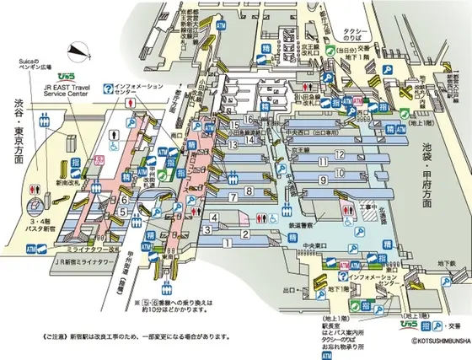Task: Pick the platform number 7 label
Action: [232, 196]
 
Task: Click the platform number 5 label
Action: [123, 212]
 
